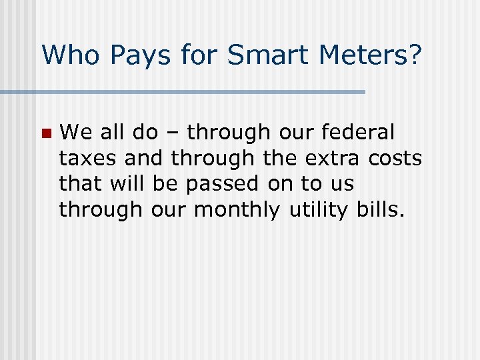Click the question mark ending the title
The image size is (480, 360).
click(415, 55)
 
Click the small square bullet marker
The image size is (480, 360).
click(45, 133)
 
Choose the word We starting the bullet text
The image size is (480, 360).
click(75, 133)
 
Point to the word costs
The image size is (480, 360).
click(398, 158)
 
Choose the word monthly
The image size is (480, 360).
click(237, 209)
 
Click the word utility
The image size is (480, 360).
click(313, 209)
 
